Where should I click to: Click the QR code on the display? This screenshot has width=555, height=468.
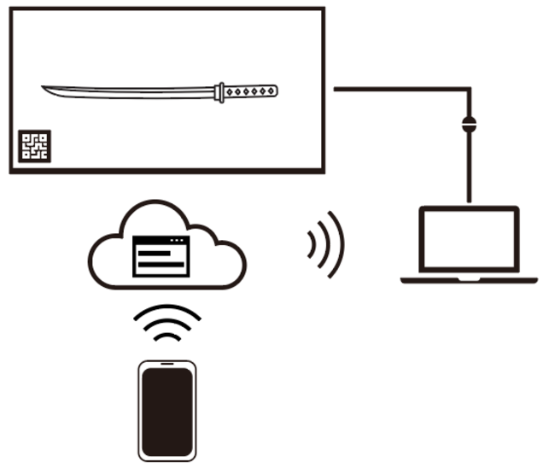tap(35, 146)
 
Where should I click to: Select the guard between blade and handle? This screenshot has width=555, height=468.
tap(220, 91)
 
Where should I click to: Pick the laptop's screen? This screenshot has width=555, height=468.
tap(469, 239)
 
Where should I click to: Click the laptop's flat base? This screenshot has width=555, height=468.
tap(469, 279)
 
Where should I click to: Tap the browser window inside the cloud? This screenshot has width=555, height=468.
tap(160, 256)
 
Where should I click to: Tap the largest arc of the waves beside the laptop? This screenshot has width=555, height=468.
tap(338, 243)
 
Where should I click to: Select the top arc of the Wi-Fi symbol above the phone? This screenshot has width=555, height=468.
tap(167, 309)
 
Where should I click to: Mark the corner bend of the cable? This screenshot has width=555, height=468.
tap(469, 89)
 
